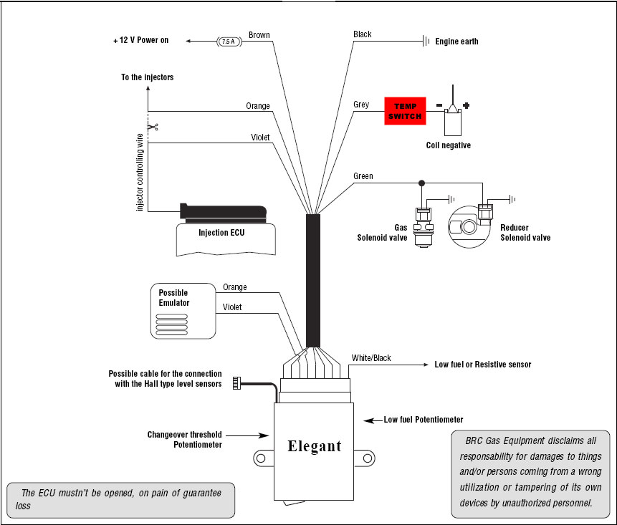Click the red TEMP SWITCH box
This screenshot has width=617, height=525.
406,110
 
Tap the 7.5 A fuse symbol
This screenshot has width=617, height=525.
229,42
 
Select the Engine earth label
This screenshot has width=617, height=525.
456,42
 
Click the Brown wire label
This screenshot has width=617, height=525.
259,34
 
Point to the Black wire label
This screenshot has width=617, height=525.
363,34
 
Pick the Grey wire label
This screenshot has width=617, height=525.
361,105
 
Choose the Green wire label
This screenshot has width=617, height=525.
363,176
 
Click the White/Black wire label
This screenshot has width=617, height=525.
371,358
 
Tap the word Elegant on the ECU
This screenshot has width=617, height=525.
314,446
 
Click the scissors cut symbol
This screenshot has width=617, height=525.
152,127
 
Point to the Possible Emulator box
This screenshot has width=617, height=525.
183,310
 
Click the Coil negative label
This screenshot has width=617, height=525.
448,145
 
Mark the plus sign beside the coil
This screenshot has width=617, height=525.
466,106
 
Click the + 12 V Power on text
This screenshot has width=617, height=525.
140,41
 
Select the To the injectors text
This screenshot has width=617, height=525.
147,77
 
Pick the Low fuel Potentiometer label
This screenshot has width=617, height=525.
423,420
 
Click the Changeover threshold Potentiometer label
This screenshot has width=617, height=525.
184,439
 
